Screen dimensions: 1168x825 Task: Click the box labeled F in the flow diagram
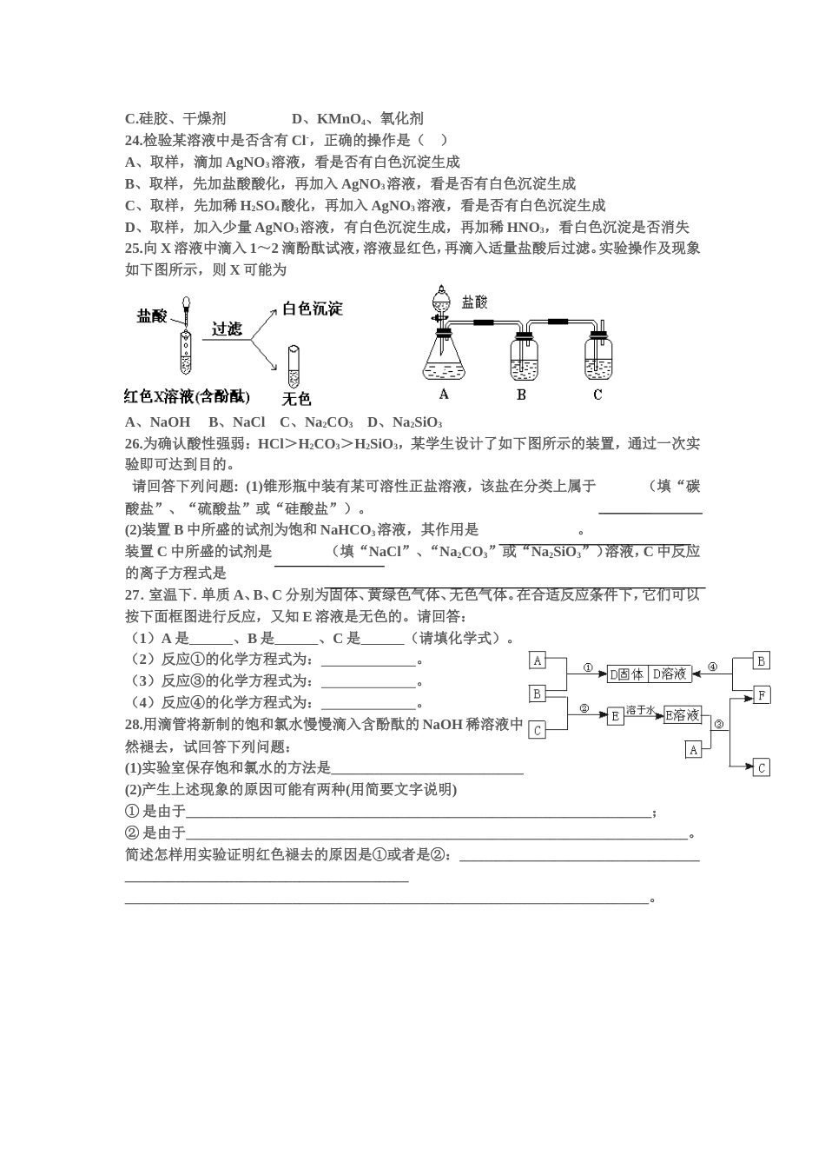click(761, 695)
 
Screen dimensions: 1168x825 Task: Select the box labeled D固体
click(626, 674)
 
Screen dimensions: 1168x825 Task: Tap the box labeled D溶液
click(669, 674)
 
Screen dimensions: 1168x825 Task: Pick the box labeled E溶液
click(683, 715)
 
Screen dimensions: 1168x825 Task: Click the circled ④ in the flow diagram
click(713, 667)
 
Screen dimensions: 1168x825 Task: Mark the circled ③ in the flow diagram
click(718, 723)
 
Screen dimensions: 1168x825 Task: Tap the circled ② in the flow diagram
click(584, 708)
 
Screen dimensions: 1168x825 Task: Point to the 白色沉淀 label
click(313, 309)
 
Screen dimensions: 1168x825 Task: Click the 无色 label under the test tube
click(297, 399)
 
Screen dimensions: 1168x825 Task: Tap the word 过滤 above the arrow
click(227, 329)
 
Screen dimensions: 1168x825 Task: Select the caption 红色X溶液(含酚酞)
click(187, 397)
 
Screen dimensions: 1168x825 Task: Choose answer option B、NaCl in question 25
click(236, 422)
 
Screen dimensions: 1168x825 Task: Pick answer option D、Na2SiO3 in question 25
click(405, 422)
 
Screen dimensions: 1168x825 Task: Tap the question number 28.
click(134, 724)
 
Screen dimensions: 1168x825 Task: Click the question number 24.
click(134, 140)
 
